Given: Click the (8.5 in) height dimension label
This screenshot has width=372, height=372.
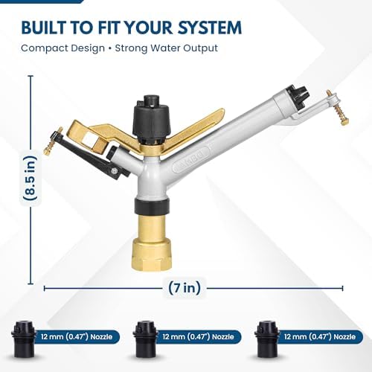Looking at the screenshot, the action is [x=31, y=178].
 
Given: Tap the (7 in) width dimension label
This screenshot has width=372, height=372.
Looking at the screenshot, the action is [x=185, y=288].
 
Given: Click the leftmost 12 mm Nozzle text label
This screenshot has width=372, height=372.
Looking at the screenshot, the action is [x=77, y=337].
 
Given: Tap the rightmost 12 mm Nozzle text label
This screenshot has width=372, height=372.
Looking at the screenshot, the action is [x=320, y=337].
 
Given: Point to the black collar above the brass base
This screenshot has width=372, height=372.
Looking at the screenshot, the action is [x=153, y=206].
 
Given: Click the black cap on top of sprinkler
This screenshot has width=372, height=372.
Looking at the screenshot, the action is [x=153, y=120].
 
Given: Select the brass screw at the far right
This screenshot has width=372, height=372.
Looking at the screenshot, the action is [x=339, y=107].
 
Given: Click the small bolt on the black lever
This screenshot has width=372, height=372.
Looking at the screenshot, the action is [x=115, y=171].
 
